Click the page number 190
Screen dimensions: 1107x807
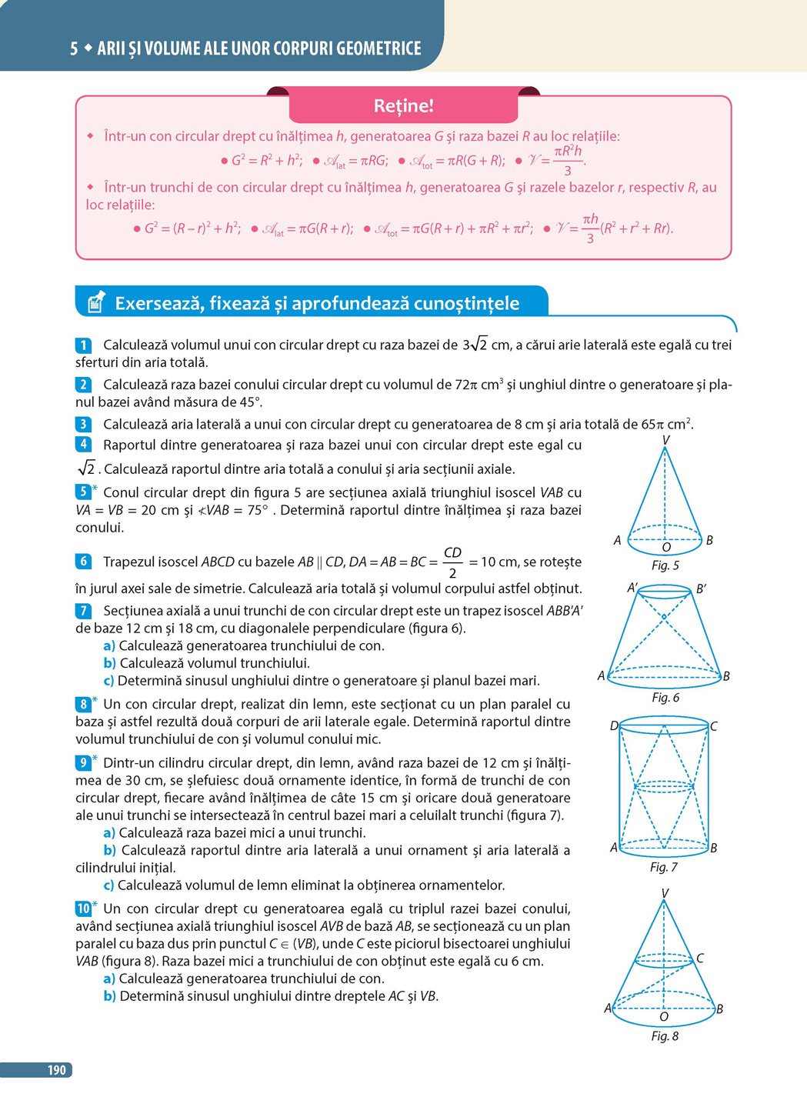coord(56,1069)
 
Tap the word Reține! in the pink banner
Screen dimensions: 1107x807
coord(403,106)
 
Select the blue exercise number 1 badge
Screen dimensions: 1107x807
coord(83,345)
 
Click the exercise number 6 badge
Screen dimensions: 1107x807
coord(83,562)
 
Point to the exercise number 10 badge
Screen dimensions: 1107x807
coord(83,909)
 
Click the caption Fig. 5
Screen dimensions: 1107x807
coord(665,565)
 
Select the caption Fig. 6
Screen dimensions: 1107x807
coord(665,698)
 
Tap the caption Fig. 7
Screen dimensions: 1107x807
coord(663,867)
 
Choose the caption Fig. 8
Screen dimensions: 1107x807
coord(665,1036)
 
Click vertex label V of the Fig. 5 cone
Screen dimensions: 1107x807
coord(665,440)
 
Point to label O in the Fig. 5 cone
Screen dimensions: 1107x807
coord(666,548)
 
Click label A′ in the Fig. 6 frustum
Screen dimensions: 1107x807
coord(632,588)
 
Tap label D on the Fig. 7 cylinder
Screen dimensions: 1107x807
coord(614,726)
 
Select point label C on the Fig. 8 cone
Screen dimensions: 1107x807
coord(700,959)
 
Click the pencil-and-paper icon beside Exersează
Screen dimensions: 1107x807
coord(95,302)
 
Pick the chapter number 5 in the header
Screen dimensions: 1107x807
coord(74,48)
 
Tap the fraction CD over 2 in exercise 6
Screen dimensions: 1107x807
coord(452,562)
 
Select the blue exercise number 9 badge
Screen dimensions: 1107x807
coord(83,763)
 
